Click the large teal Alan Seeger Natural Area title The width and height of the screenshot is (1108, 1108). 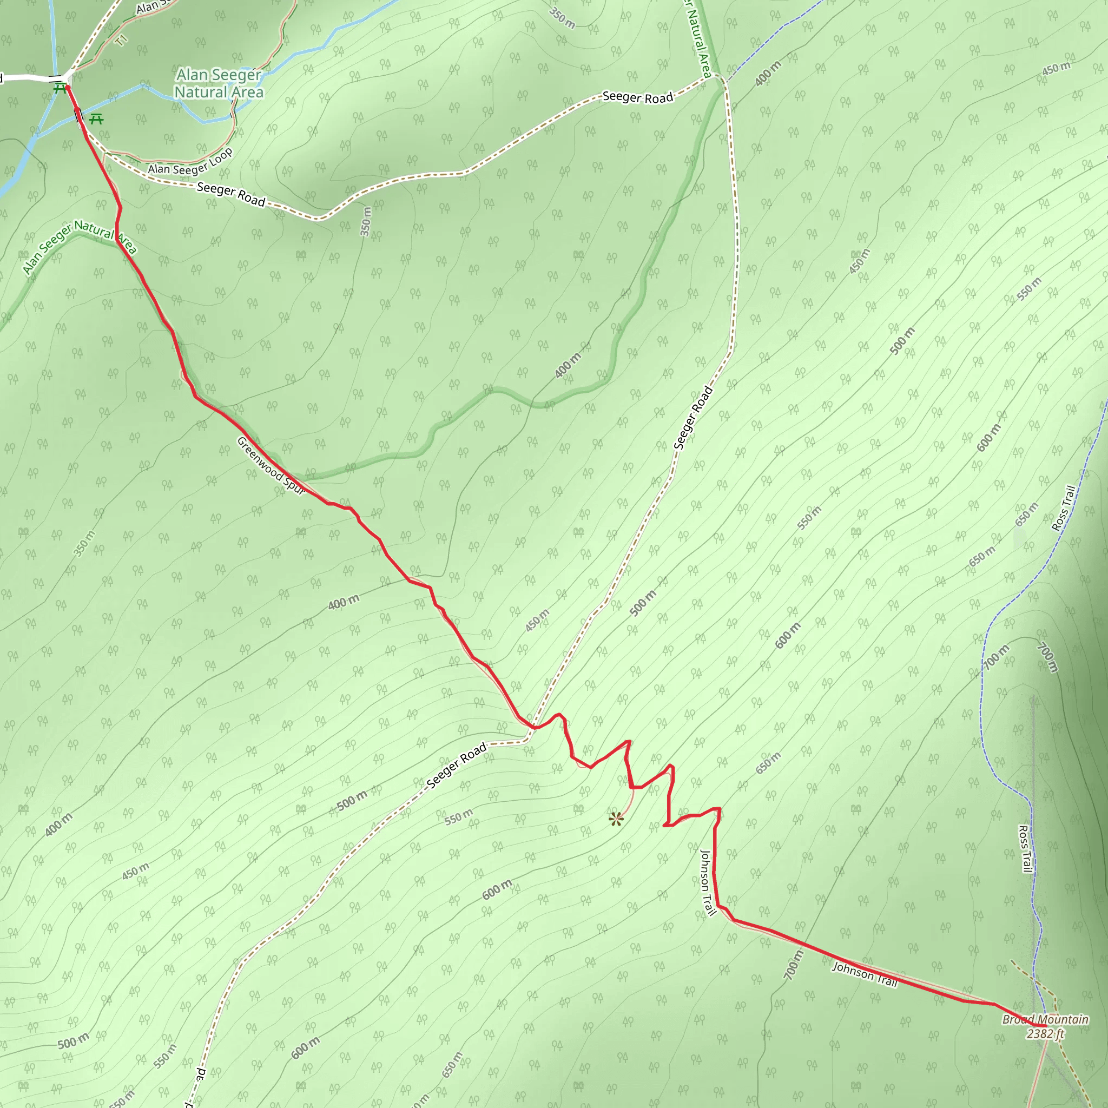(219, 84)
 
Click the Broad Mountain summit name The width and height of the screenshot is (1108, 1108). (1045, 1019)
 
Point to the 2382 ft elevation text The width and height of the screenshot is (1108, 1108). (1045, 1033)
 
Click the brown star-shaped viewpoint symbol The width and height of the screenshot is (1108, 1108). (616, 819)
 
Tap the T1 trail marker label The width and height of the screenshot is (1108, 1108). (121, 41)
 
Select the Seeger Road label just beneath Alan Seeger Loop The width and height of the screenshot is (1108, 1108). (230, 194)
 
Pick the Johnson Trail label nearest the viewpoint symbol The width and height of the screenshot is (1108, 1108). (708, 882)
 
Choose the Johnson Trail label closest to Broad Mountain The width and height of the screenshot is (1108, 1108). (864, 974)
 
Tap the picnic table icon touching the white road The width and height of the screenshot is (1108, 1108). (60, 88)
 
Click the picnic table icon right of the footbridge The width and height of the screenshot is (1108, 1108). (96, 119)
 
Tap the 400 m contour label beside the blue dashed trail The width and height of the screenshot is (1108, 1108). (767, 74)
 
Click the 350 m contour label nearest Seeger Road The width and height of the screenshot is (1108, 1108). (365, 221)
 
